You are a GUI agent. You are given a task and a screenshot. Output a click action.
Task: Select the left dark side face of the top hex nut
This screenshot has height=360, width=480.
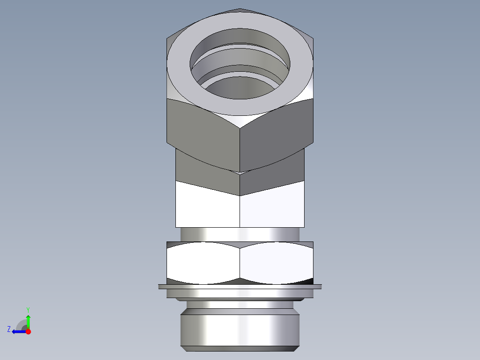[203, 129]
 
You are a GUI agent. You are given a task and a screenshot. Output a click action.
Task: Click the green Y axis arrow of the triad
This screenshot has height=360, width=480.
[28, 321]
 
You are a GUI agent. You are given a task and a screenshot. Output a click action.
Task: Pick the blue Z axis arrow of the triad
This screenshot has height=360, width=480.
[18, 331]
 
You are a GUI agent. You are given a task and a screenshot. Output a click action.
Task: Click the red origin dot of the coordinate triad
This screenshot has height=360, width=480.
[28, 331]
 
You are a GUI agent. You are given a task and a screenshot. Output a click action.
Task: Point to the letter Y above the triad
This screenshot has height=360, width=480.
[28, 309]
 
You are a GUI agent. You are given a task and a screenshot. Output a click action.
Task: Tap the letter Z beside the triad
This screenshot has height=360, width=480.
[9, 329]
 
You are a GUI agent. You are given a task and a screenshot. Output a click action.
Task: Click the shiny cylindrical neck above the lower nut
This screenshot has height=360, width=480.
[240, 234]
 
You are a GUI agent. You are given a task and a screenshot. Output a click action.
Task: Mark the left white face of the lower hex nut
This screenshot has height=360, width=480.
[203, 263]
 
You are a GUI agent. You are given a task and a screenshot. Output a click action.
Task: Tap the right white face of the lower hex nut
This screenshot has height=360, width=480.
[276, 263]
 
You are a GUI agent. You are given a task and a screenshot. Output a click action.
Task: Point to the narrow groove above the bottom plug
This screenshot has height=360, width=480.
[240, 307]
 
